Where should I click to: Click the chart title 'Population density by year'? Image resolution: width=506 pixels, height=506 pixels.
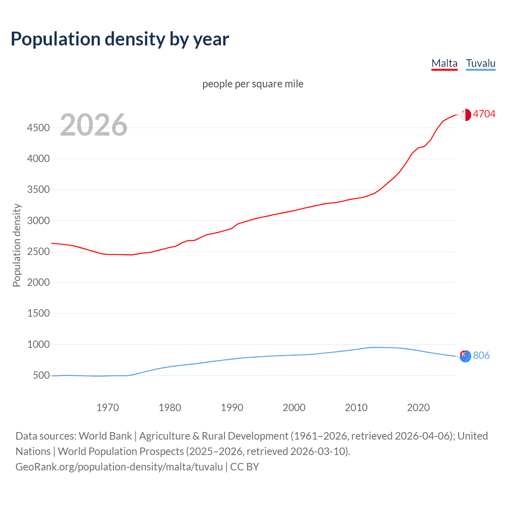coord(120,39)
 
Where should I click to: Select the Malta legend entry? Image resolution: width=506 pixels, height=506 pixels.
coord(444,63)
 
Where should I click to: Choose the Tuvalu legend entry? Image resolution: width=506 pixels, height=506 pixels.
coord(480,63)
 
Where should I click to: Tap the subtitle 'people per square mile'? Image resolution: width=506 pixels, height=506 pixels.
coord(253,84)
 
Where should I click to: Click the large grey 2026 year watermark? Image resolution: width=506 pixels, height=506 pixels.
coord(94,125)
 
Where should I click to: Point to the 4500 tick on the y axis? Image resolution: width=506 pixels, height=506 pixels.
coord(38,128)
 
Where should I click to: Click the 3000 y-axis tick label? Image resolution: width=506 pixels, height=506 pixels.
coord(38,221)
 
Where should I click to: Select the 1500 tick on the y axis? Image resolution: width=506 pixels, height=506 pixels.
coord(38,313)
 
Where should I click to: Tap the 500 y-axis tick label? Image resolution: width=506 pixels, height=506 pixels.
coord(41,376)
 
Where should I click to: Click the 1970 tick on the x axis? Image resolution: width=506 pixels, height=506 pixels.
coord(108,408)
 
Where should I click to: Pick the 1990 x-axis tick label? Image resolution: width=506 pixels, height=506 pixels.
coord(232,408)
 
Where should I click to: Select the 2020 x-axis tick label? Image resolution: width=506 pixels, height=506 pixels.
coord(418,408)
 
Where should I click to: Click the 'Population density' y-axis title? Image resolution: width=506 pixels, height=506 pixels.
coord(17,245)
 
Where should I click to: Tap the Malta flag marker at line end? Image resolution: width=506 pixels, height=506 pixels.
coord(465,115)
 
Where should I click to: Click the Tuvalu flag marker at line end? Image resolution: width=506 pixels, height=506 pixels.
coord(465,356)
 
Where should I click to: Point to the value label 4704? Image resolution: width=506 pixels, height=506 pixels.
coord(484,114)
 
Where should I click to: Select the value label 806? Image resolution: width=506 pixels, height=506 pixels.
coord(481,356)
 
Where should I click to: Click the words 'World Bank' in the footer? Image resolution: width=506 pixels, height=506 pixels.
coord(105,436)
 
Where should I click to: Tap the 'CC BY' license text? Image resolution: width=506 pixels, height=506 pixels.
coord(244,467)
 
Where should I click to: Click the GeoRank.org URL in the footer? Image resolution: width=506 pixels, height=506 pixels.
coord(119,467)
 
